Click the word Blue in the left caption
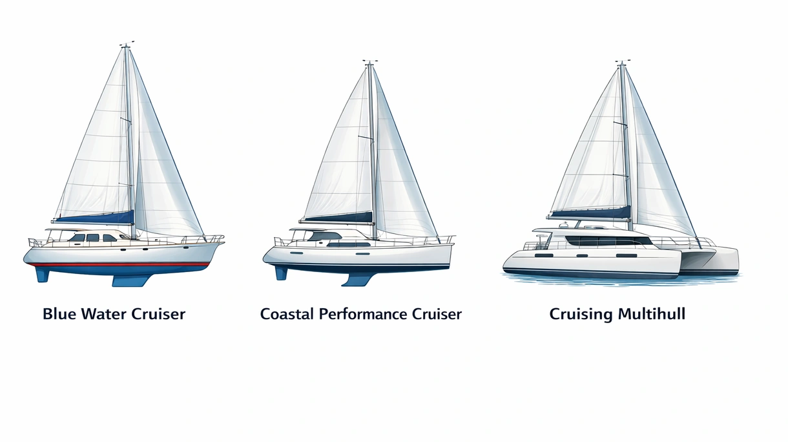point(59,314)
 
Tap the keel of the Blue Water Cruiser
point(130,280)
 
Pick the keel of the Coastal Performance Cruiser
point(358,279)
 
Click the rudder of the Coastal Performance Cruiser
point(281,273)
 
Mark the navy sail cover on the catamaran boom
point(591,213)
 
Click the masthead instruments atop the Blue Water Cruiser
point(127,44)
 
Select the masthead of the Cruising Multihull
point(622,63)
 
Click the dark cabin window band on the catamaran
point(609,240)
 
